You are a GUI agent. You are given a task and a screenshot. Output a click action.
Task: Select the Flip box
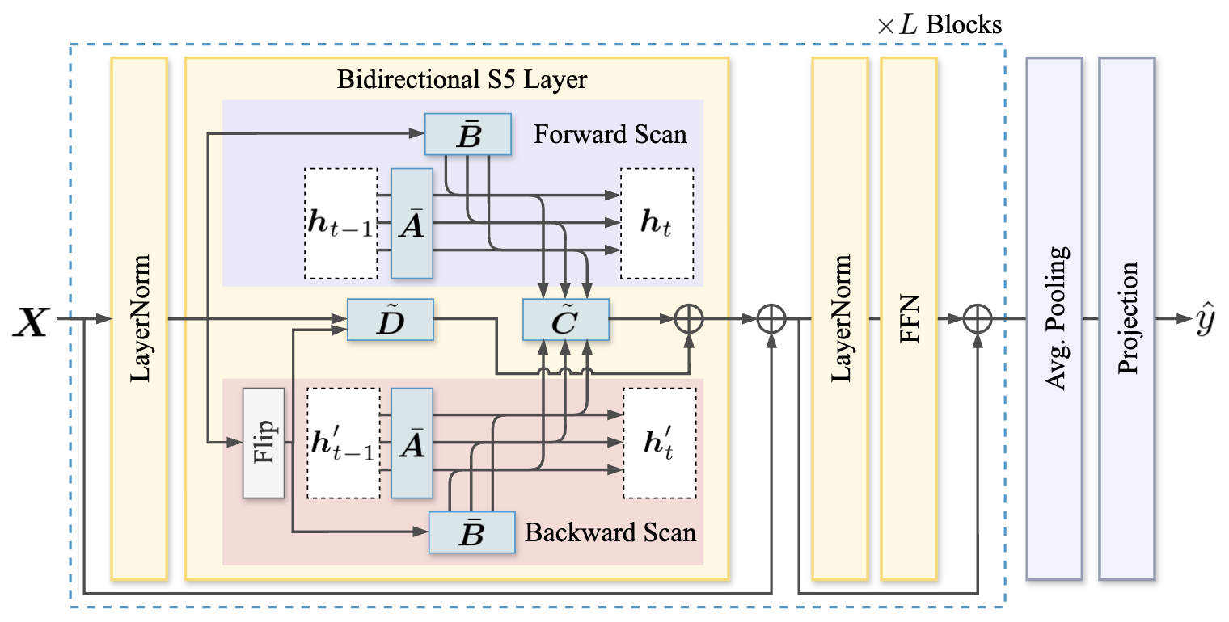click(x=264, y=443)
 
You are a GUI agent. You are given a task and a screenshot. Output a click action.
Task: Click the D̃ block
click(x=391, y=320)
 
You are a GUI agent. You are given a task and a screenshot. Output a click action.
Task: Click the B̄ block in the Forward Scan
click(x=469, y=134)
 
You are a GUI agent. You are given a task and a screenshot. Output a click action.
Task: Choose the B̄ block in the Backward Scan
click(x=472, y=532)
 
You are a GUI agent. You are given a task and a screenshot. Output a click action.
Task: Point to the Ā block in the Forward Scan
click(x=412, y=223)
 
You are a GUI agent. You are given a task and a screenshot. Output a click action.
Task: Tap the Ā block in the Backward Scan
click(x=412, y=443)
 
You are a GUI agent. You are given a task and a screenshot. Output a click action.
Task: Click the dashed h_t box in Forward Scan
click(x=657, y=223)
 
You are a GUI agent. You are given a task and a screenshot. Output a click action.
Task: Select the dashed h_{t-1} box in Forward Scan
click(x=340, y=223)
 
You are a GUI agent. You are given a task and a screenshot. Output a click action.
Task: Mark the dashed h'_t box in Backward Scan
click(x=659, y=443)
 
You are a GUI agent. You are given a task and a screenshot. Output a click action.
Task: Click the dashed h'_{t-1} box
click(x=343, y=443)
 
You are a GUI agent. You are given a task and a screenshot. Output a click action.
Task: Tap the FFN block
click(x=909, y=318)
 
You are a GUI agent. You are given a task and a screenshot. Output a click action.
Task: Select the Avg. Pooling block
click(x=1054, y=318)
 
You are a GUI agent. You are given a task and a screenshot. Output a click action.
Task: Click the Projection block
click(x=1126, y=318)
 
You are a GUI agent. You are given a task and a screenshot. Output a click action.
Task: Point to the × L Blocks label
click(x=939, y=25)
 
